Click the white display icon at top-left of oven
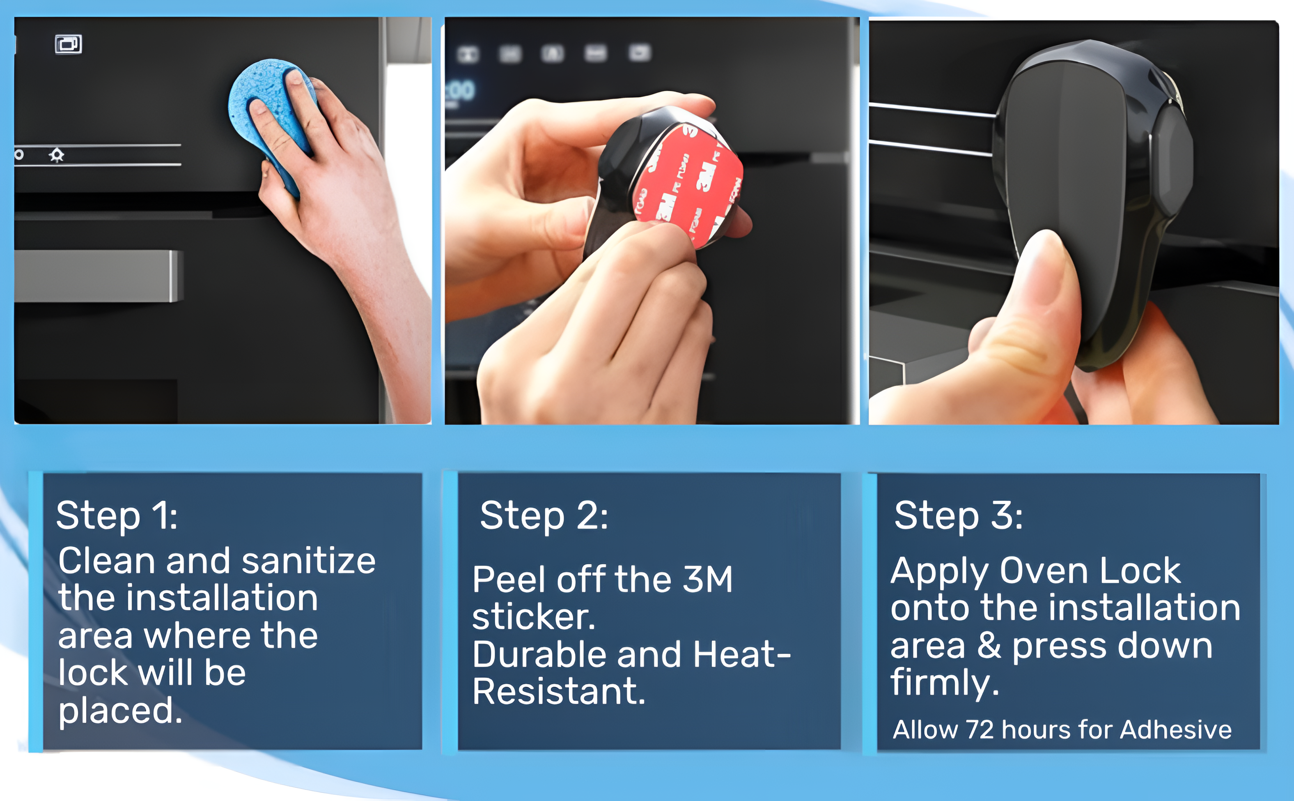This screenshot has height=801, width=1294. click(68, 44)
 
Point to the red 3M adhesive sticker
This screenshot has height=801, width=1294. click(688, 185)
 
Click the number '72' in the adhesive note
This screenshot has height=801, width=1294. click(980, 730)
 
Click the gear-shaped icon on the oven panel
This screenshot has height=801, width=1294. click(57, 155)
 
